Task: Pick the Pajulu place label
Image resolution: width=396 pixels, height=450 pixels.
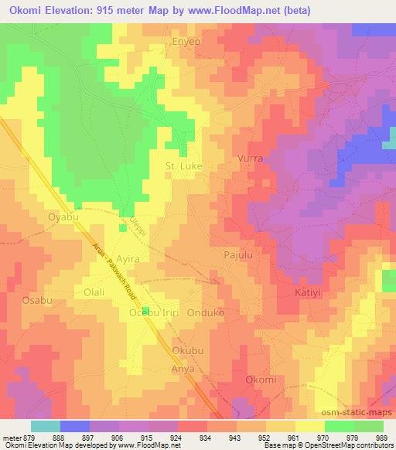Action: point(238,253)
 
